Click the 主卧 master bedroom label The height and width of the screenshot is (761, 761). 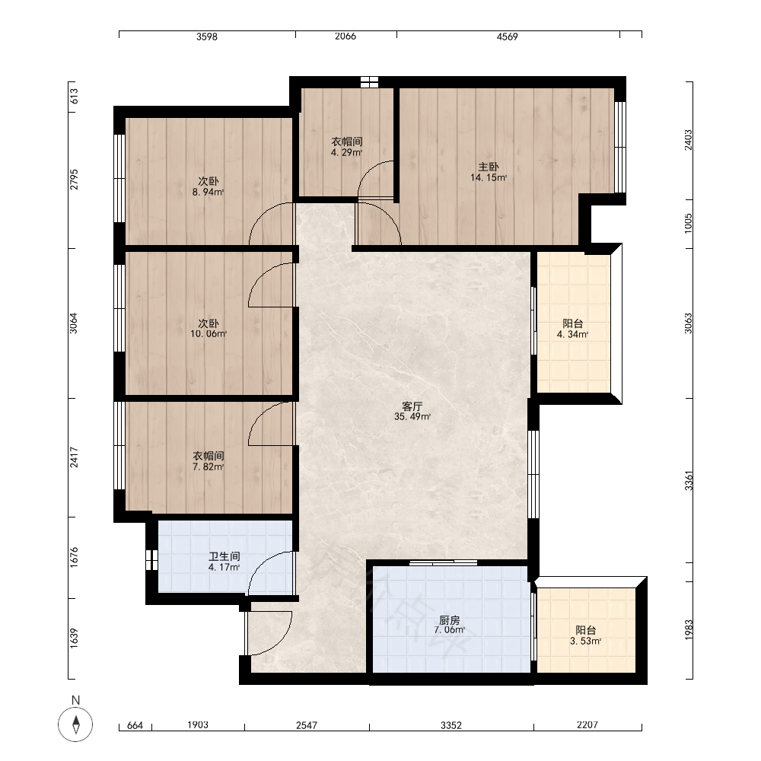489,167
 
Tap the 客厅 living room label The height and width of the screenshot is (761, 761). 412,406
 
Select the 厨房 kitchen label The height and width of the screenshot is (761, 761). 450,620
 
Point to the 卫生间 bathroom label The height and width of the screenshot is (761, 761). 224,557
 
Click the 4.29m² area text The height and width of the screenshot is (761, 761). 346,152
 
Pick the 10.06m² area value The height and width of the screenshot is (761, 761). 209,334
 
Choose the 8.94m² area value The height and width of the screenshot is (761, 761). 209,193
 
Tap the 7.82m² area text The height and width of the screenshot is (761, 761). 209,467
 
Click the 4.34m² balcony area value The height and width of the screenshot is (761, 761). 573,334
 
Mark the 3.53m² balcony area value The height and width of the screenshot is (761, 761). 586,641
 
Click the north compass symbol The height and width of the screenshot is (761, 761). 75,724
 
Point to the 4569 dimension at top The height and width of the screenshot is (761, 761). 507,37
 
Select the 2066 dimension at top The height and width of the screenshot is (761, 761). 345,37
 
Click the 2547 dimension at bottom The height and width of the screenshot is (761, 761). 307,725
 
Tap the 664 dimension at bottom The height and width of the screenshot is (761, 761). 135,725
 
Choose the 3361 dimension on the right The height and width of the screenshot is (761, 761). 689,480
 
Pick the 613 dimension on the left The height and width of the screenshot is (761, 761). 74,97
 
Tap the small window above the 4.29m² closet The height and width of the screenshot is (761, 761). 369,81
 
